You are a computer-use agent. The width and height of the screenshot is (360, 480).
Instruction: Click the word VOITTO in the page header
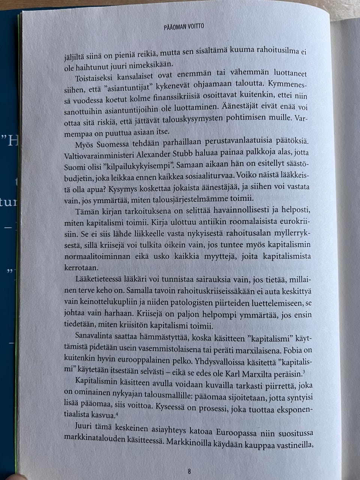pyautogui.click(x=195, y=27)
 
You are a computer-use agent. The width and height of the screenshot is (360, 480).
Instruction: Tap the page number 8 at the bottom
pyautogui.click(x=189, y=471)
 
